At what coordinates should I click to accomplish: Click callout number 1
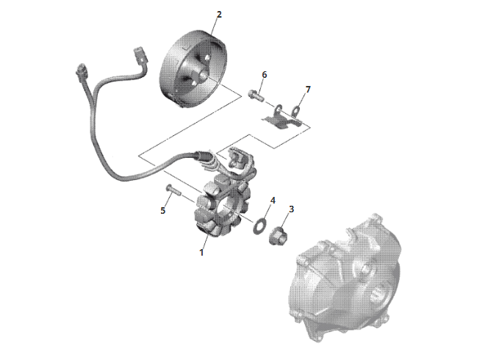(x=201, y=252)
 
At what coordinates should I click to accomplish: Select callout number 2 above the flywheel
(x=219, y=15)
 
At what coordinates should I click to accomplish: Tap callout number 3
(x=291, y=209)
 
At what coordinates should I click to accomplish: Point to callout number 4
(x=273, y=201)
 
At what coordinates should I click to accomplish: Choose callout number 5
(x=162, y=211)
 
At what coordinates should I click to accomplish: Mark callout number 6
(x=265, y=75)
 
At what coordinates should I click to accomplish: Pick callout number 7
(x=308, y=90)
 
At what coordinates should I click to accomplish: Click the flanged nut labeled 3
(x=278, y=236)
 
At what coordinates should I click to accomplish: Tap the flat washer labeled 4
(x=259, y=226)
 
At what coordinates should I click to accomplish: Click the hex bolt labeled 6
(x=256, y=95)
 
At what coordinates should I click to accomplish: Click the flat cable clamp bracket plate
(x=281, y=120)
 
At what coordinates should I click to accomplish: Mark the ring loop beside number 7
(x=296, y=111)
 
